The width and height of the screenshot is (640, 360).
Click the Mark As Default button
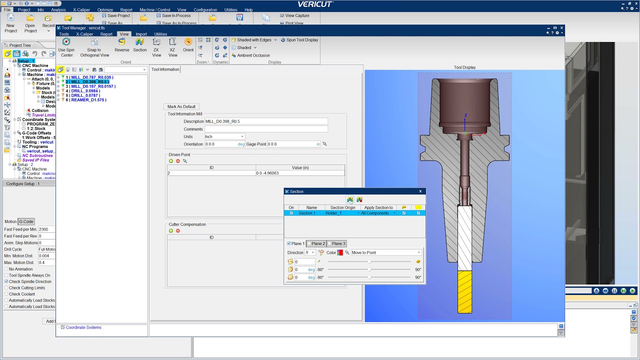point(181,106)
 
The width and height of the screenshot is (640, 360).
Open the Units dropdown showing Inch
point(224,136)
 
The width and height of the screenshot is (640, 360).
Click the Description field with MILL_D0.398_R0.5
point(266,121)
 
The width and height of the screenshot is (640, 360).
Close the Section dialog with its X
point(420,191)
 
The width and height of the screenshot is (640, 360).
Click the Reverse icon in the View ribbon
point(121,44)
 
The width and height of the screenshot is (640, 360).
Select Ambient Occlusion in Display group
point(253,55)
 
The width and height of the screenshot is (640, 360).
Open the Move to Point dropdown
point(386,252)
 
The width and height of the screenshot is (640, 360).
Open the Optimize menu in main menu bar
point(105,9)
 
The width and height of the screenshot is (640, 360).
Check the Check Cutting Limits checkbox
point(6,288)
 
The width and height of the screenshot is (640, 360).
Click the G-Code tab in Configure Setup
point(26,221)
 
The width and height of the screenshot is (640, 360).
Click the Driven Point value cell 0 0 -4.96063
point(299,173)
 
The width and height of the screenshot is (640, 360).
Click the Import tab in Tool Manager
point(141,34)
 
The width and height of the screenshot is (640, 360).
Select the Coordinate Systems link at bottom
point(83,327)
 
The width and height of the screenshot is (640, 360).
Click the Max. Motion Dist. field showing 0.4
point(46,262)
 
